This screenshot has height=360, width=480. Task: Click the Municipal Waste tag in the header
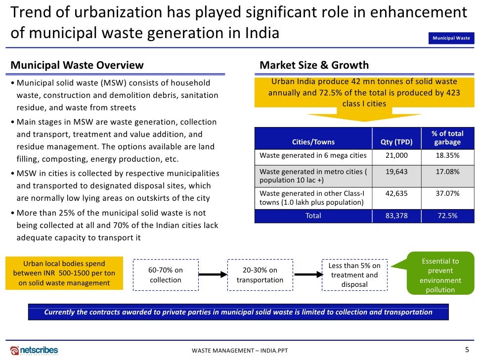(451, 38)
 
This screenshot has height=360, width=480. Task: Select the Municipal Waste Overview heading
(77, 65)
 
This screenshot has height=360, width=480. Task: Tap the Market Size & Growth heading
(314, 65)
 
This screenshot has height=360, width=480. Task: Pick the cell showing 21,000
(396, 155)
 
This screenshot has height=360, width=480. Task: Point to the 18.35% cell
(447, 155)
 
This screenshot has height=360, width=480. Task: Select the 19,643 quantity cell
(396, 172)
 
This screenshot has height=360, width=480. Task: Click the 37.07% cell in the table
(447, 193)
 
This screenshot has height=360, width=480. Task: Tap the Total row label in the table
(313, 216)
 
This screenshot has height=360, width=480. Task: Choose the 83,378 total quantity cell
(396, 216)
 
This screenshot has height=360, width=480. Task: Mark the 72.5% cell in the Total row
(447, 216)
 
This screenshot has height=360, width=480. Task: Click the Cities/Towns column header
(313, 142)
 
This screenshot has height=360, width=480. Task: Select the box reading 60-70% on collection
(166, 275)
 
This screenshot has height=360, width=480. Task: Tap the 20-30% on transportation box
(260, 275)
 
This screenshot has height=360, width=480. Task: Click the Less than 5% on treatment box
(354, 275)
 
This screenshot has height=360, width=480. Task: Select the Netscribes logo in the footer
(34, 350)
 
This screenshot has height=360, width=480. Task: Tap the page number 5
(467, 349)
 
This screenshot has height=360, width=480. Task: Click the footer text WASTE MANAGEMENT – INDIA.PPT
(240, 351)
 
